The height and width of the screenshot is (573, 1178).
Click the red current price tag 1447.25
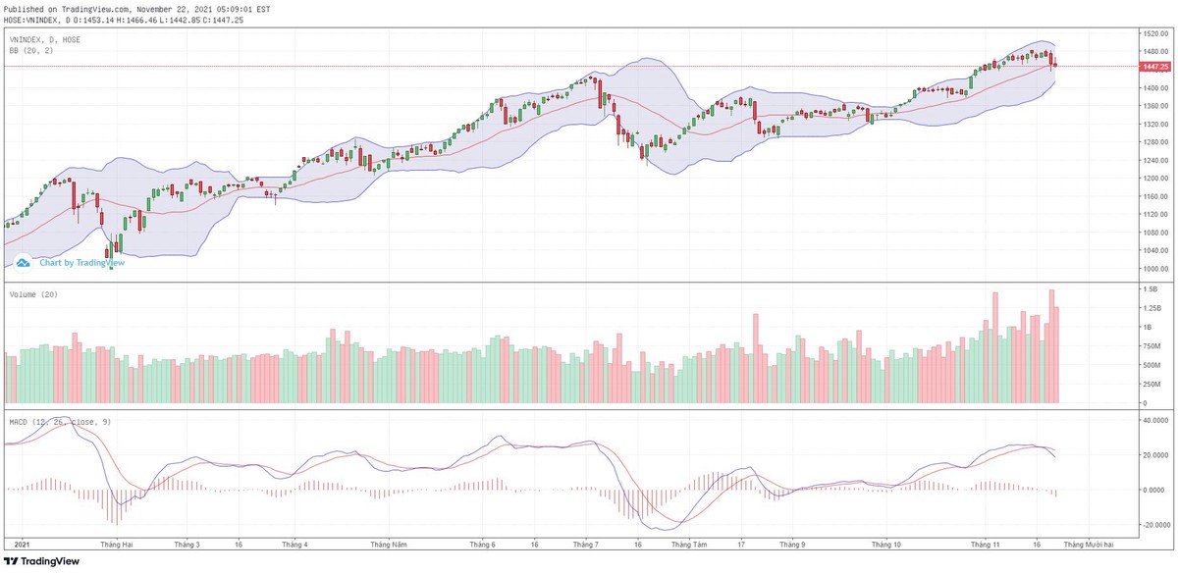1155,66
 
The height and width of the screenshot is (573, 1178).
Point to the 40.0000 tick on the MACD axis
1155,420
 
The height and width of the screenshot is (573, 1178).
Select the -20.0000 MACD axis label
1155,524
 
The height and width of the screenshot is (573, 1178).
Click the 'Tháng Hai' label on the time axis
117,543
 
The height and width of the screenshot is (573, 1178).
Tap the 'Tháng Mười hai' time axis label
1089,543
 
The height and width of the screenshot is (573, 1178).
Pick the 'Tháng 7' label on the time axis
586,543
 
